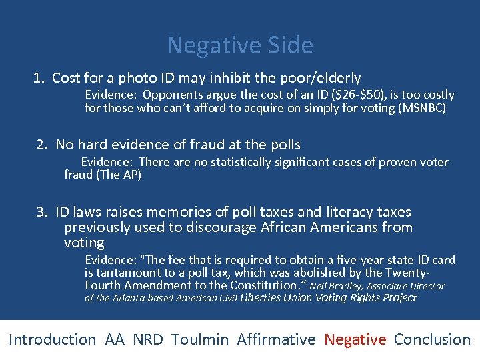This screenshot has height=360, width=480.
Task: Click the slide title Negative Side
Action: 239,45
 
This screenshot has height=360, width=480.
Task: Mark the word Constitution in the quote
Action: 261,285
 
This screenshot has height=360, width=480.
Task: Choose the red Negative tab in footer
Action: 355,339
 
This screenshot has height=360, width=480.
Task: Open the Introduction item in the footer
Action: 52,339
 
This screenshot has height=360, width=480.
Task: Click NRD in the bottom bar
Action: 147,339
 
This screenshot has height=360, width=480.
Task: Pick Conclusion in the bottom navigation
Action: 432,339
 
